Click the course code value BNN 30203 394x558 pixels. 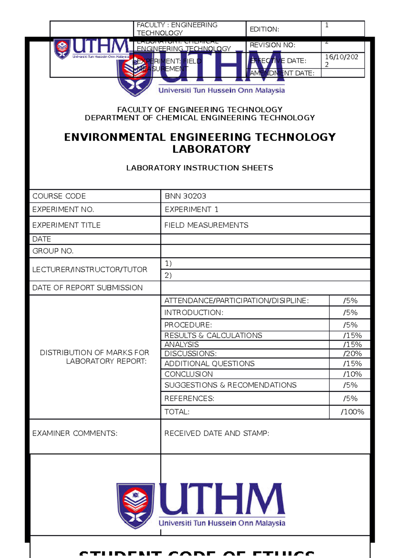click(x=185, y=196)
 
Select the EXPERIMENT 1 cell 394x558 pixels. click(x=191, y=210)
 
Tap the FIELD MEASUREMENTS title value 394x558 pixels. click(x=206, y=225)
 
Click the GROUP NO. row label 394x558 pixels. click(x=53, y=251)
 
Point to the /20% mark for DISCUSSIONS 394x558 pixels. click(x=352, y=354)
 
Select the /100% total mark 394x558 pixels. click(x=352, y=412)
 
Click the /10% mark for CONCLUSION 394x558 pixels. click(x=352, y=374)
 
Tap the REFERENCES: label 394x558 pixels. click(x=189, y=398)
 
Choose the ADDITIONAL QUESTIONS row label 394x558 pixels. click(x=209, y=363)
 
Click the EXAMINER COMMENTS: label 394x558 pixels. click(x=75, y=433)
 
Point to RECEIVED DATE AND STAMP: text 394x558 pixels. click(x=216, y=433)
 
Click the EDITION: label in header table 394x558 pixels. click(x=264, y=29)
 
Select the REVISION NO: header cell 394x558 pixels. click(x=272, y=45)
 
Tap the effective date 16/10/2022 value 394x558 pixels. click(x=341, y=60)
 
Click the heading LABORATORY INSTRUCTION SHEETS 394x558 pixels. click(x=200, y=168)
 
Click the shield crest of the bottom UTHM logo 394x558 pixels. click(x=135, y=505)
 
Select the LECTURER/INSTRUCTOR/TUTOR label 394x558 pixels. click(x=90, y=269)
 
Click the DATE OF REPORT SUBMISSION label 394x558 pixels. click(x=87, y=288)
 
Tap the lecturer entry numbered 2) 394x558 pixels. click(x=168, y=275)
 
